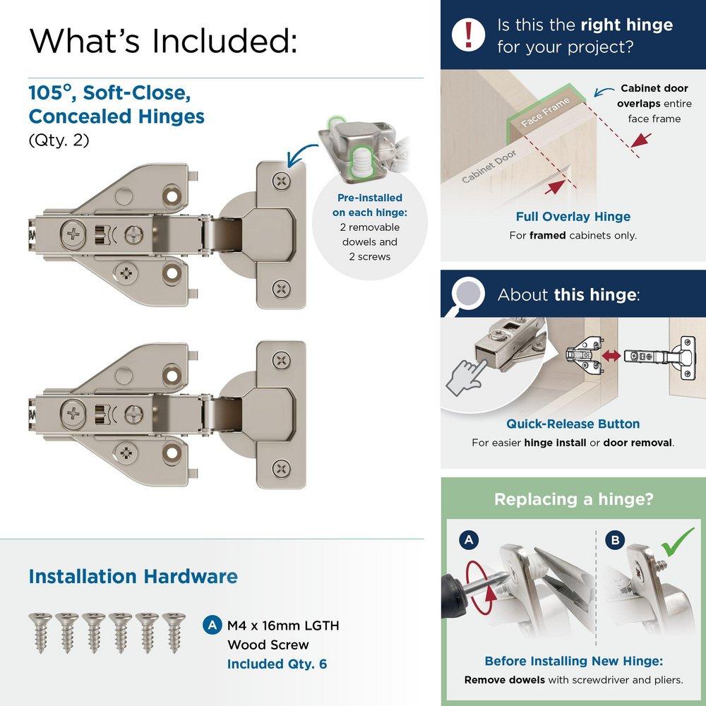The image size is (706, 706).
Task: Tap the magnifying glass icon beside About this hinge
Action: coord(467,293)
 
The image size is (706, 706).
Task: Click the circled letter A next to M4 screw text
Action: coord(210,626)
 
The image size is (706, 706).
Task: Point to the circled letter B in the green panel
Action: coord(615,541)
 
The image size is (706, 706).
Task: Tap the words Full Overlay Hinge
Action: coord(573,217)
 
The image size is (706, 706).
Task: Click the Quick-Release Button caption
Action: coord(573,424)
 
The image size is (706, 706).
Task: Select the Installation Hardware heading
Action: coord(133,576)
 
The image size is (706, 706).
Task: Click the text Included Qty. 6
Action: coord(277,664)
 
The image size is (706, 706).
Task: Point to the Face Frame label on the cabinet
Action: coord(545,112)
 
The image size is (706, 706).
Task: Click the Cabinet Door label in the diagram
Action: coord(489,166)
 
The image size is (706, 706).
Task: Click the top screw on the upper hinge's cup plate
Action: coord(282,181)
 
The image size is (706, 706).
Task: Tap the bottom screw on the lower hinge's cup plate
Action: coord(282,467)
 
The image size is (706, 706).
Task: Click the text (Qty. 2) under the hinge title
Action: coord(59,140)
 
